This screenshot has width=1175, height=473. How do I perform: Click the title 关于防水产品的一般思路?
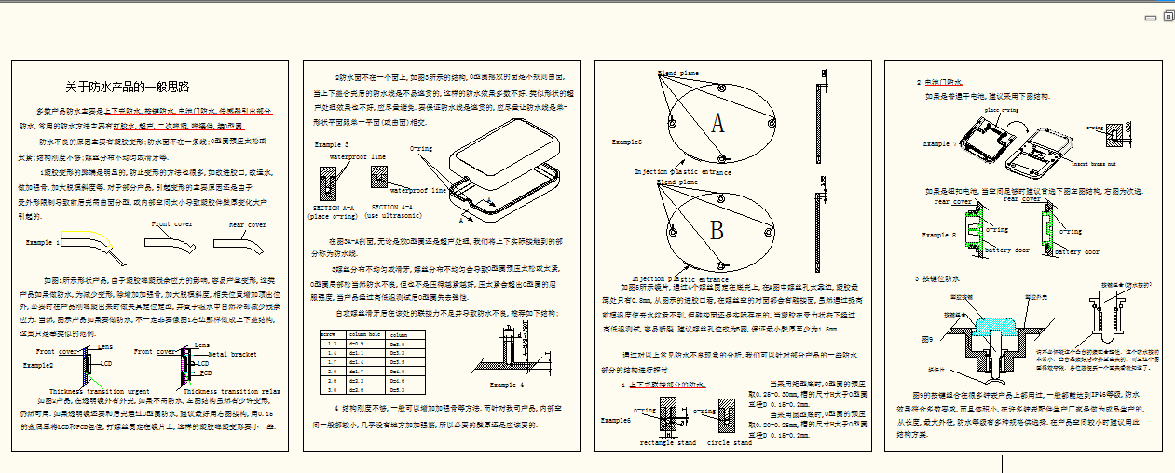[x=127, y=87]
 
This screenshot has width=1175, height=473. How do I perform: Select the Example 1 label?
[x=42, y=242]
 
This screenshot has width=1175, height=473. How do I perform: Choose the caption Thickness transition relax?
[x=229, y=391]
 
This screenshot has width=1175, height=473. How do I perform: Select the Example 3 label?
[x=332, y=145]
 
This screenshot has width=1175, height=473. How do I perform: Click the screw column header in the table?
[x=329, y=333]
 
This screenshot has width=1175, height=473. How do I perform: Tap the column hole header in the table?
[x=365, y=333]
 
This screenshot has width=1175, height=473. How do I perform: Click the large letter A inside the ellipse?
[x=717, y=123]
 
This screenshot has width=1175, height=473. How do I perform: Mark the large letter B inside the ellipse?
[x=717, y=228]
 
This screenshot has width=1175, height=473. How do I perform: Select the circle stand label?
[x=731, y=443]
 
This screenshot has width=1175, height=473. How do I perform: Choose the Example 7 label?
[x=939, y=144]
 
